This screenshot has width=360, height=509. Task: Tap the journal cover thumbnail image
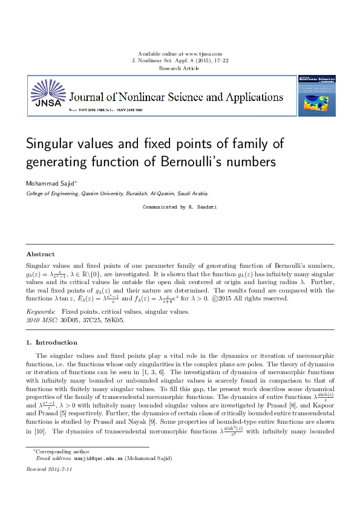[316, 96]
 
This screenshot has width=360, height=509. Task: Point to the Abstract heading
[41, 254]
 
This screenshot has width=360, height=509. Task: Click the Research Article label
[180, 69]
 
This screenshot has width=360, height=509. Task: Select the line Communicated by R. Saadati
[180, 207]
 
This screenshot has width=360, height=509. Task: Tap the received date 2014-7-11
[59, 469]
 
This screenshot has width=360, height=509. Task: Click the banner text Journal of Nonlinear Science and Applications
[176, 97]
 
